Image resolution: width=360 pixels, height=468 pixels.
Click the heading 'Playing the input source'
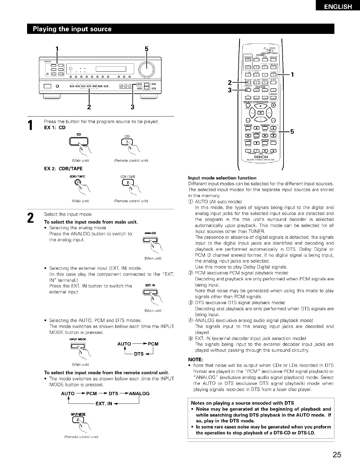pyautogui.click(x=72, y=29)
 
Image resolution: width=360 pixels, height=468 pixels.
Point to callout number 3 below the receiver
pyautogui.click(x=132, y=107)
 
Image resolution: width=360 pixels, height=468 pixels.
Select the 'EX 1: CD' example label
pyautogui.click(x=55, y=128)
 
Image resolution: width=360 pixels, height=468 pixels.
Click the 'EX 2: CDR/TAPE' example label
pyautogui.click(x=63, y=169)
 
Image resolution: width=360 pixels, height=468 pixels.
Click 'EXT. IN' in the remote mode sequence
pyautogui.click(x=104, y=403)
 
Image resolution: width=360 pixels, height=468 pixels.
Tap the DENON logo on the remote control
pyautogui.click(x=261, y=157)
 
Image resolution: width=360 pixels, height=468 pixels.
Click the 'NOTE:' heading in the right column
pyautogui.click(x=195, y=359)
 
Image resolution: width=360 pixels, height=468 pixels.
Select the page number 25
pyautogui.click(x=337, y=455)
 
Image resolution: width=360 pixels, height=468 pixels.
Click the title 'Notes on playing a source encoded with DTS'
pyautogui.click(x=242, y=403)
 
